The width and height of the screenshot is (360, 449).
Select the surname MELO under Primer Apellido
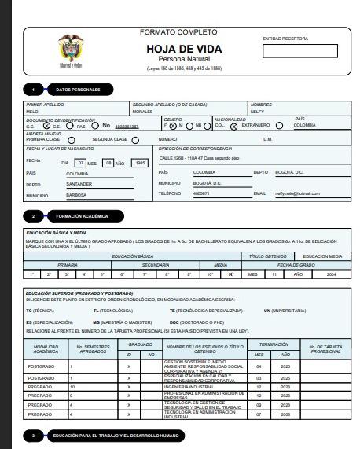[x=32, y=112]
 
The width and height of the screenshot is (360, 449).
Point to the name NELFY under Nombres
[x=257, y=112]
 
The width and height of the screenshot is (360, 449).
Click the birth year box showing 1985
[x=140, y=163]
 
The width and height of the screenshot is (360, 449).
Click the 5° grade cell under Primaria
[x=101, y=274]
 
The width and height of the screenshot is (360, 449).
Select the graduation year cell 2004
[x=330, y=274]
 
